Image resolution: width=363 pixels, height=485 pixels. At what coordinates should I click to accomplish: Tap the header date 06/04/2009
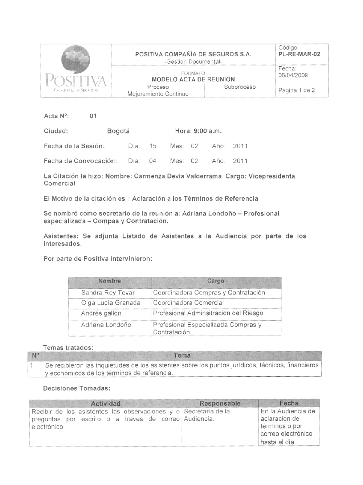tap(293, 75)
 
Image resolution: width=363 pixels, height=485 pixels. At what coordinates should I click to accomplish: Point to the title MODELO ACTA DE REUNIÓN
tap(193, 79)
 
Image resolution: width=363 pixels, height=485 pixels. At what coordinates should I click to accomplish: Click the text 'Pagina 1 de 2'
tap(296, 91)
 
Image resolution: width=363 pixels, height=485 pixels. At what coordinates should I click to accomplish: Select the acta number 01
tap(93, 116)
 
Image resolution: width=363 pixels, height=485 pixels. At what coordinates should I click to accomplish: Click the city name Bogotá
tap(118, 131)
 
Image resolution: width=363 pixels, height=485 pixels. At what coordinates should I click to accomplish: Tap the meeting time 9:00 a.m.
tap(208, 131)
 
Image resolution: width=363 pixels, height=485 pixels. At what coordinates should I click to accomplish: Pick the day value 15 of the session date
tap(153, 146)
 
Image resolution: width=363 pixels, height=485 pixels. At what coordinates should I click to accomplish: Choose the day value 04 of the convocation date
tap(153, 161)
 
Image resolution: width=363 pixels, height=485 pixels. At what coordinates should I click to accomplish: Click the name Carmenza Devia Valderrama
tap(178, 176)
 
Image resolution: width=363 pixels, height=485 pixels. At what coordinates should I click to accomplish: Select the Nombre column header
tap(109, 281)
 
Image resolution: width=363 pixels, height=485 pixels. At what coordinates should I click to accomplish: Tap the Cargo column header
tap(216, 281)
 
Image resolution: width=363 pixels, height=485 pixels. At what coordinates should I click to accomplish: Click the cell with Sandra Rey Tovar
tap(108, 293)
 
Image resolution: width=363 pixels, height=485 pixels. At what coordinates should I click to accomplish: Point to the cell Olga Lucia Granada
tap(111, 303)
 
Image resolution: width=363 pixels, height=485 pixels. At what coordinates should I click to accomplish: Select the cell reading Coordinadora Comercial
tap(188, 303)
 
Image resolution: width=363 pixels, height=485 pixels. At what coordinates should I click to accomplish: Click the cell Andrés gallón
tap(101, 313)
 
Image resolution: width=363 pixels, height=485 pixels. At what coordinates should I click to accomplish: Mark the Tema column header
tap(182, 356)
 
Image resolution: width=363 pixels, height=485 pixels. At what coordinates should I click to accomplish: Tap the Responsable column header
tap(220, 403)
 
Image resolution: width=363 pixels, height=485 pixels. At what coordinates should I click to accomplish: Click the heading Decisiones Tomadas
tap(77, 388)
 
